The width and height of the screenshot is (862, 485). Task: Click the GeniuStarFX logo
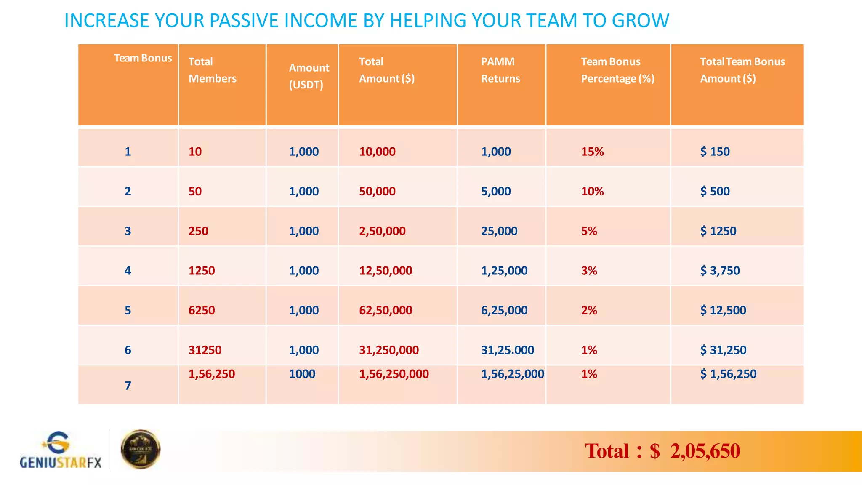61,450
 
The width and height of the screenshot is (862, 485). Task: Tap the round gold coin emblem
141,449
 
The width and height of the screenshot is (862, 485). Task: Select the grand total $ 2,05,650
662,451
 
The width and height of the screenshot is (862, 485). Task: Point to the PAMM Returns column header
500,70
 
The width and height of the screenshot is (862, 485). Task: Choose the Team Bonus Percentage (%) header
617,70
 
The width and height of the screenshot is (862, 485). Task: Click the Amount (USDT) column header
309,76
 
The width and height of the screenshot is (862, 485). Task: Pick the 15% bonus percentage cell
592,152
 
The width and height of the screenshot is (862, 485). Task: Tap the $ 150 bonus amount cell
715,152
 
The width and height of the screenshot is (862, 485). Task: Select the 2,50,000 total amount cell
382,231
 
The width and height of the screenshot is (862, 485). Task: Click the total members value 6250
202,310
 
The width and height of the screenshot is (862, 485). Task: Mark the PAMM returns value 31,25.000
507,350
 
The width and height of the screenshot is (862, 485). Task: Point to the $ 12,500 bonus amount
723,310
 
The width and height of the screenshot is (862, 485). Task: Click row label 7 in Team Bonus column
128,386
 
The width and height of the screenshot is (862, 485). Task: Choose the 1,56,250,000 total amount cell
394,374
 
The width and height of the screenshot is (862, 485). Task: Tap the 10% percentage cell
592,191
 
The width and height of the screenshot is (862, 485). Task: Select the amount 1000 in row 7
302,374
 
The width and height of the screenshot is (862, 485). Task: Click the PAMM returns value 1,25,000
504,271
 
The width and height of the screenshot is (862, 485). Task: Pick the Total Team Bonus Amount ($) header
742,70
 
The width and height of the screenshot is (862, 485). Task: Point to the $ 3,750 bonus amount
720,271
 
